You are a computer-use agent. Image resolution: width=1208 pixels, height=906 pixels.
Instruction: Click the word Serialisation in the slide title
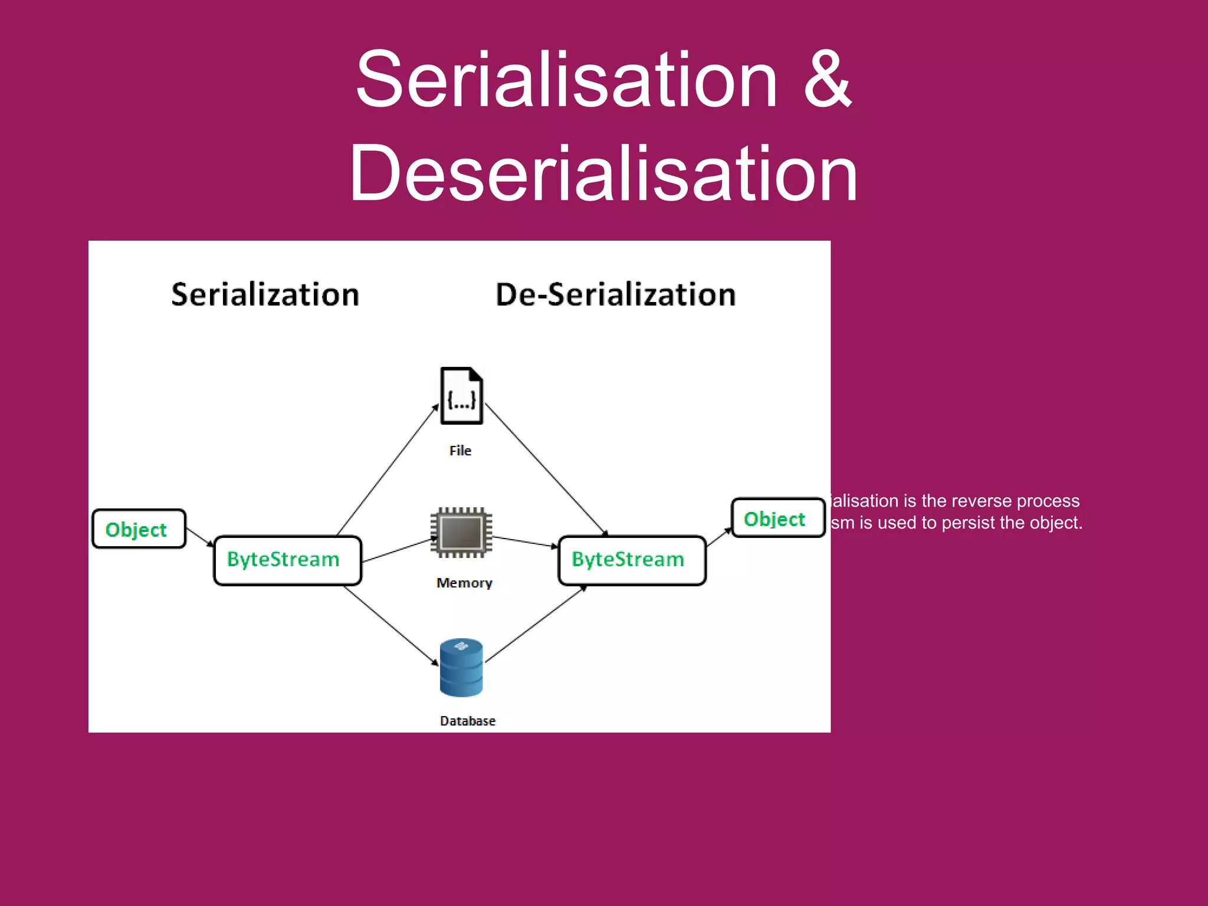point(566,80)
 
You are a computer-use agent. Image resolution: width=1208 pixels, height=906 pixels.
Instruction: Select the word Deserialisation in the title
point(603,174)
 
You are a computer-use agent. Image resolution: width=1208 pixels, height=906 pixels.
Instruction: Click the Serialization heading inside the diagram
point(265,294)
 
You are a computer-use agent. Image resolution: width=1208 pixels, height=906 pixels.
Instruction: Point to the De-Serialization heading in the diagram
point(616,294)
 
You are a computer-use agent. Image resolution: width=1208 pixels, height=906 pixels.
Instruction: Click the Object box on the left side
point(139,529)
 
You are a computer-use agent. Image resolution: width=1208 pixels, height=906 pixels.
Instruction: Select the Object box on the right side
point(777,518)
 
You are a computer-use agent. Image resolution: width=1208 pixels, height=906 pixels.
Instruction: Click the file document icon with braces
point(461,396)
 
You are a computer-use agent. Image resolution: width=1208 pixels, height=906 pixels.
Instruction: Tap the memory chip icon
point(461,532)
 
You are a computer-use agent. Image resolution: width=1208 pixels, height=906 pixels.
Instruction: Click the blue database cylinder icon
point(461,667)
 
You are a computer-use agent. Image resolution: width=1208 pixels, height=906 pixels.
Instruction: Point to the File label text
point(460,451)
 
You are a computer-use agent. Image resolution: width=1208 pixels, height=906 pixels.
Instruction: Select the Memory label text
point(464,583)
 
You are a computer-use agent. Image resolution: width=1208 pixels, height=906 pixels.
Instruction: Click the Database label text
point(468,721)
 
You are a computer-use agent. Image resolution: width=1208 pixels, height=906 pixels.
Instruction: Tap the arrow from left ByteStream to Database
point(390,626)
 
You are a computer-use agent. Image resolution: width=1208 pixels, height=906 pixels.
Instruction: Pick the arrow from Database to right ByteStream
point(536,625)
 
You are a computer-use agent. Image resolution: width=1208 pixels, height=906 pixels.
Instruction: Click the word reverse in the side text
point(979,501)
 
